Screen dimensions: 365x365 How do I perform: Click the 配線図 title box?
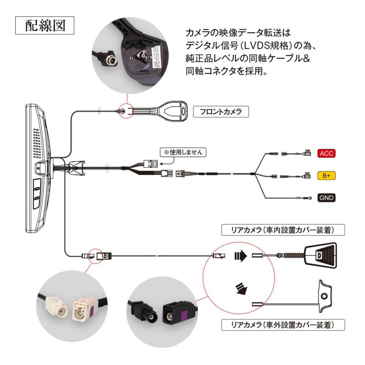(x=45, y=27)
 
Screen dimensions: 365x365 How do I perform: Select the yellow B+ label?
(x=326, y=176)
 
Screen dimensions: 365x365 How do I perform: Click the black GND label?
(x=326, y=198)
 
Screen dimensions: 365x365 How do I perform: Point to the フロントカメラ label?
(x=221, y=112)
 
